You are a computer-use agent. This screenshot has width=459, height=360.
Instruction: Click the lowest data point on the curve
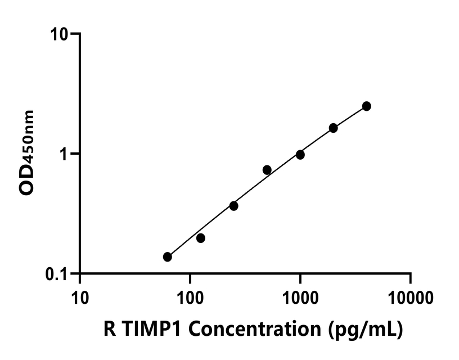167,257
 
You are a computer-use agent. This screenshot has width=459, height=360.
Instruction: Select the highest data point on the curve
366,106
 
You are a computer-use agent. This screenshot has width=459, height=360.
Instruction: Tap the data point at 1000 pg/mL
300,155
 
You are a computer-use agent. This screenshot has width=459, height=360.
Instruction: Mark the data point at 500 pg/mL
267,170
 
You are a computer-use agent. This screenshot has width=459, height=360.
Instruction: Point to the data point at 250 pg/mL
233,206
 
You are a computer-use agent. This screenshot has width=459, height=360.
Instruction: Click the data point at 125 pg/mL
200,238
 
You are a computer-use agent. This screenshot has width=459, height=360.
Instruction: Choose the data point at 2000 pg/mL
333,128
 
